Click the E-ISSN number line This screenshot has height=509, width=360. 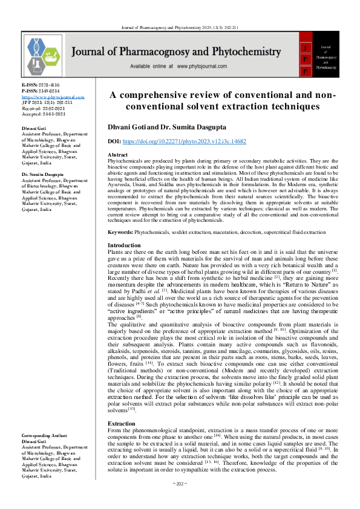click(41, 85)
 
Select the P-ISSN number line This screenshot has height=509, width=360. click(41, 91)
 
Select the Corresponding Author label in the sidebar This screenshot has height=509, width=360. click(46, 435)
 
